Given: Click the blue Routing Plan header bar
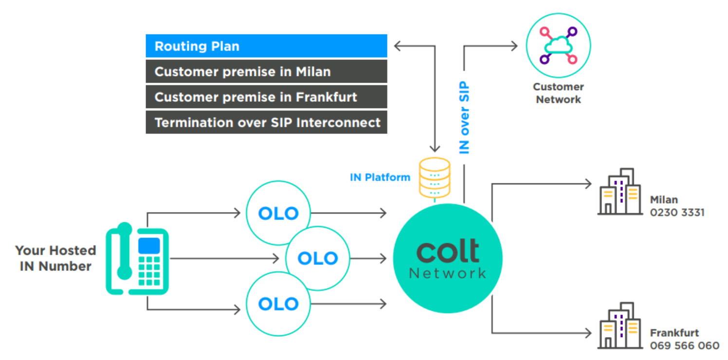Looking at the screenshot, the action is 266,46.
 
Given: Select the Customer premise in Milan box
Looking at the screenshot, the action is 266,71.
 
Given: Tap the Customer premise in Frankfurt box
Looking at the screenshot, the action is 266,97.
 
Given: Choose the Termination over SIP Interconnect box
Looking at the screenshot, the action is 266,122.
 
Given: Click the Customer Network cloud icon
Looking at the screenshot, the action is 558,46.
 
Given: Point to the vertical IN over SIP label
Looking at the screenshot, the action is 464,117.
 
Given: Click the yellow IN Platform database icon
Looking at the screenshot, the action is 435,178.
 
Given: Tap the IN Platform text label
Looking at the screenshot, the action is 380,178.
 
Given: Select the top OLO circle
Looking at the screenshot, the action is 278,213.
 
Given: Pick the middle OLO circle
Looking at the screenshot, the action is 317,258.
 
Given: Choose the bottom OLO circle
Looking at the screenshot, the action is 278,304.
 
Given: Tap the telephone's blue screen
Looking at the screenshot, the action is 149,246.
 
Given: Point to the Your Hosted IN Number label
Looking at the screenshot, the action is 55,258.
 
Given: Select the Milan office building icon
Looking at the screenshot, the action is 620,191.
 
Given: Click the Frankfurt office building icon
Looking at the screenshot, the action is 620,325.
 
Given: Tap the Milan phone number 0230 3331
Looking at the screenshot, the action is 677,213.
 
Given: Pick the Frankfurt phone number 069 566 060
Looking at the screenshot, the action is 685,345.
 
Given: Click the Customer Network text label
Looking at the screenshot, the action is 558,93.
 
